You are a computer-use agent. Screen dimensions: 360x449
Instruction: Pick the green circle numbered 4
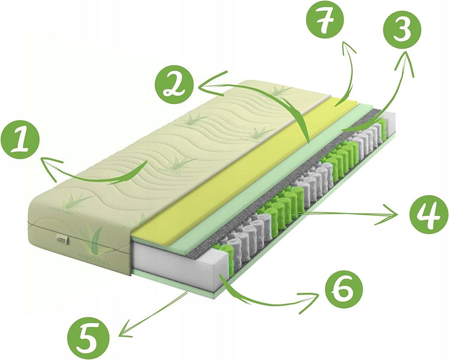428,215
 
